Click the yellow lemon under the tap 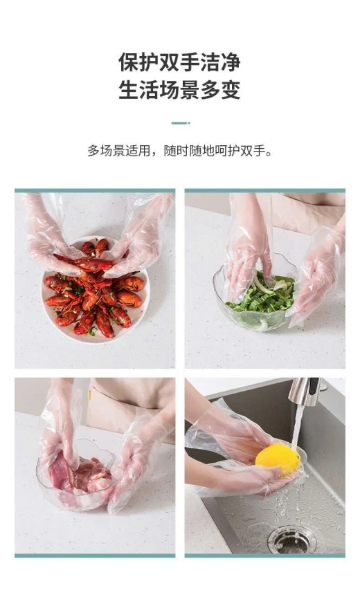tap(278, 459)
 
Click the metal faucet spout tap(305, 392)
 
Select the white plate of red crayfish tap(96, 289)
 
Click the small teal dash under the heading tap(180, 123)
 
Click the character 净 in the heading tap(231, 63)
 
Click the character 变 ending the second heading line tap(231, 90)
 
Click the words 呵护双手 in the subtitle tap(240, 151)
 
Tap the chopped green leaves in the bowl tap(263, 294)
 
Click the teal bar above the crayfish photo tap(95, 190)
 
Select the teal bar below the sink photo tap(264, 555)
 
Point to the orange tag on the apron tap(89, 396)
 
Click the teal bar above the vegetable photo tap(264, 190)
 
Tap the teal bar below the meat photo tap(95, 555)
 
